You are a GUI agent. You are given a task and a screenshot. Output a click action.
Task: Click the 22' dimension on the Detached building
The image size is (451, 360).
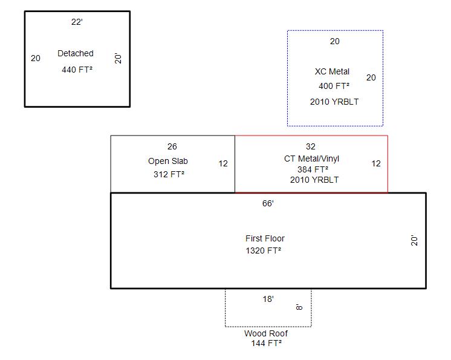(x=77, y=22)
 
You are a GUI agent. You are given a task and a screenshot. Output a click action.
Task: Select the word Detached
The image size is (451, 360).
(x=76, y=53)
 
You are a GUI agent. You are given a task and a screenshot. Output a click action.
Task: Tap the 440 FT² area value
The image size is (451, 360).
(x=77, y=70)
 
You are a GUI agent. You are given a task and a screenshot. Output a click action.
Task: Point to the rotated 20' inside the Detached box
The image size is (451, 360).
(x=118, y=59)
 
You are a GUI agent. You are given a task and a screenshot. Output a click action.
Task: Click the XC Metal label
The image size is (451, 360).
(x=333, y=71)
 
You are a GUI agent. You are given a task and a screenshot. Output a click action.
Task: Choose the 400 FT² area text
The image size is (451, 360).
(x=334, y=86)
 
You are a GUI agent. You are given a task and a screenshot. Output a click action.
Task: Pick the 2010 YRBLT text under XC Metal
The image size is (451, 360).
(x=334, y=102)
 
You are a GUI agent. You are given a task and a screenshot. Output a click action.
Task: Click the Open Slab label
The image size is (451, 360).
(x=168, y=161)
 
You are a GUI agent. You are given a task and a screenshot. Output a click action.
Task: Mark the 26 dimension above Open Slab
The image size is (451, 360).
(x=172, y=146)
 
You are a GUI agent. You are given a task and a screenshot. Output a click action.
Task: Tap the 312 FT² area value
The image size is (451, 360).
(x=169, y=174)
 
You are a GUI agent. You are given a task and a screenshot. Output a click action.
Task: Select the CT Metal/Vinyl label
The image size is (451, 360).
(x=311, y=159)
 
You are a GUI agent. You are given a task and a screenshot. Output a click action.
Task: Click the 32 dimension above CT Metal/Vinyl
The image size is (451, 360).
(x=310, y=146)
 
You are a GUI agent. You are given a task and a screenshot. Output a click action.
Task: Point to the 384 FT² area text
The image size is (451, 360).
(x=313, y=169)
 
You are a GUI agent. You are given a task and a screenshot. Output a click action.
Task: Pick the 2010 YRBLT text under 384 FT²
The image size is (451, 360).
(x=314, y=180)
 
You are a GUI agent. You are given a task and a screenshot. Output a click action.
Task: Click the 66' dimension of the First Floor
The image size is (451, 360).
(x=268, y=203)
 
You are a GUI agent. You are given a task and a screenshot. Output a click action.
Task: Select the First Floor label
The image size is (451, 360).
(x=265, y=238)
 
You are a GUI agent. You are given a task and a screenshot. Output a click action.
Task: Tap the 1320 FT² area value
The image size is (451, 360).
(x=263, y=250)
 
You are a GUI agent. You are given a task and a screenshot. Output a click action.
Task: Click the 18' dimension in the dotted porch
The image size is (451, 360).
(x=268, y=299)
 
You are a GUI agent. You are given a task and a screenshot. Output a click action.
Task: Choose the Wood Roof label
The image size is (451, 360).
(x=266, y=333)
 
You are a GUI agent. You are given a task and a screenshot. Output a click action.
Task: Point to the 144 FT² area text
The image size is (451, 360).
(x=267, y=343)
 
